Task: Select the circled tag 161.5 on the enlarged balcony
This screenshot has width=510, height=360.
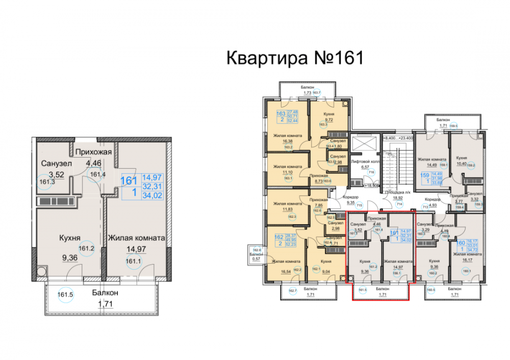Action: coord(63,295)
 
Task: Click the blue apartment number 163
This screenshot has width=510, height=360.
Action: coord(280,114)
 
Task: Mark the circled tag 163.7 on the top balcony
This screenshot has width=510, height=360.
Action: coord(316,92)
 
